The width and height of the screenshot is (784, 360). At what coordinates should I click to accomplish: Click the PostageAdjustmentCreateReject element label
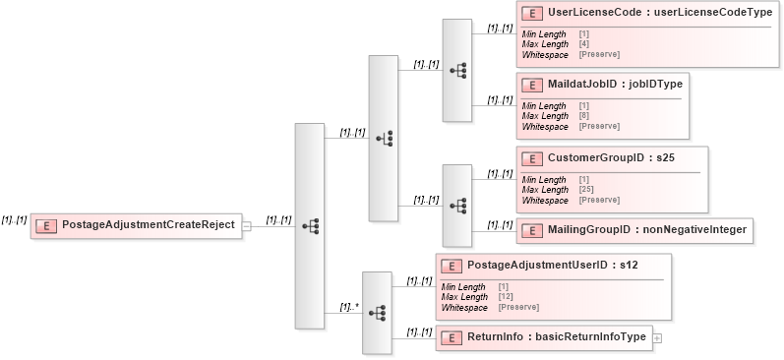(x=148, y=225)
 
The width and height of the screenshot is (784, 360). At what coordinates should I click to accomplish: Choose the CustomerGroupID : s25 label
(x=610, y=157)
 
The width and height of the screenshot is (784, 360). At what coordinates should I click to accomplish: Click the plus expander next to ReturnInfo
(x=657, y=338)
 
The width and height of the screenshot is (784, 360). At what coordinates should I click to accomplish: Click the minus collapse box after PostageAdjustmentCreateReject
(x=247, y=225)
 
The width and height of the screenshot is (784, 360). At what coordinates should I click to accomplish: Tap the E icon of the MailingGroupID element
(x=532, y=230)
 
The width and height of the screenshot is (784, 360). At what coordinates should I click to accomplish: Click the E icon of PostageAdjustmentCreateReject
(x=45, y=225)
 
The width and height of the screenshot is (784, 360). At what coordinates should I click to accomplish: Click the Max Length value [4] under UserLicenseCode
(x=584, y=44)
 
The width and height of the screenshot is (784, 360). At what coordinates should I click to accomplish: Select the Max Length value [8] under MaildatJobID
(x=584, y=116)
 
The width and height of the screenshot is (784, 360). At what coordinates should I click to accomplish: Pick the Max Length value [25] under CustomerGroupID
(x=586, y=190)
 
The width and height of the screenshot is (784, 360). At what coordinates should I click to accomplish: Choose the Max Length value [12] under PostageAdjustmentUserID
(x=507, y=296)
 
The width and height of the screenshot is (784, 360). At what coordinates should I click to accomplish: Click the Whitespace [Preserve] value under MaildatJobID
(x=599, y=127)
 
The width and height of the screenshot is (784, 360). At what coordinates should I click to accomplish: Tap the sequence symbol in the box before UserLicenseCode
(x=457, y=71)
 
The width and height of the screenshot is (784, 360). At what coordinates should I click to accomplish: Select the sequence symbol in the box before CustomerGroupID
(x=457, y=206)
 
